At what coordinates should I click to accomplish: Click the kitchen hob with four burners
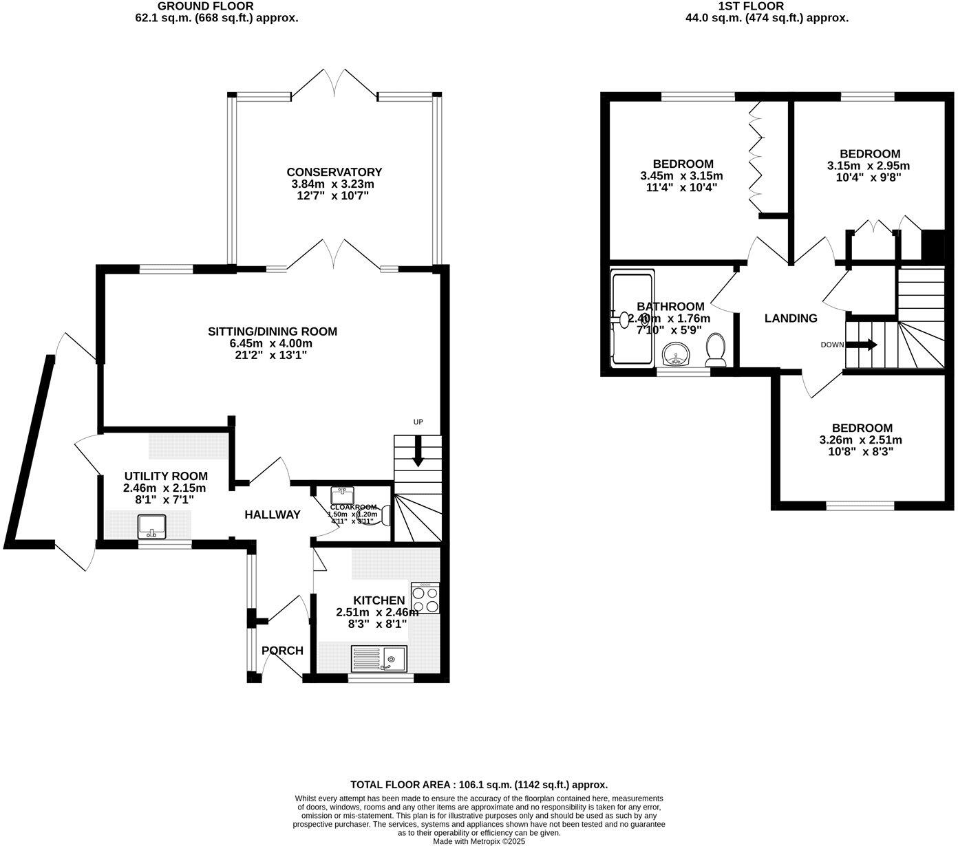[x=425, y=598]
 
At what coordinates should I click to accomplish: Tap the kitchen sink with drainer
[x=379, y=658]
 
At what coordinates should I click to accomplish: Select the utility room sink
[x=151, y=526]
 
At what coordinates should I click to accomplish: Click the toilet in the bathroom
[x=716, y=349]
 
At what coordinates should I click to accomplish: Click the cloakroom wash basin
[x=342, y=495]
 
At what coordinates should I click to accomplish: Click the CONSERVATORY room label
[x=334, y=172]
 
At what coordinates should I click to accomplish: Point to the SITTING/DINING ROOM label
[x=273, y=332]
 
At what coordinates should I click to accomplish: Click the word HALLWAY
[x=273, y=514]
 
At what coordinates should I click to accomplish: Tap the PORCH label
[x=282, y=651]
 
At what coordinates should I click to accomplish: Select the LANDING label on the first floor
[x=791, y=318]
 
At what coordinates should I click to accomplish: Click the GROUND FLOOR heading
[x=215, y=6]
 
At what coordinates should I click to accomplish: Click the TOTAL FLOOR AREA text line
[x=478, y=784]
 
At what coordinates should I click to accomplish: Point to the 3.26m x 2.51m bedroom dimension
[x=860, y=440]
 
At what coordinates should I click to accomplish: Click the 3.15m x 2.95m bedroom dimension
[x=868, y=166]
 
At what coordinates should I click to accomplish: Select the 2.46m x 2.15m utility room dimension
[x=165, y=488]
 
